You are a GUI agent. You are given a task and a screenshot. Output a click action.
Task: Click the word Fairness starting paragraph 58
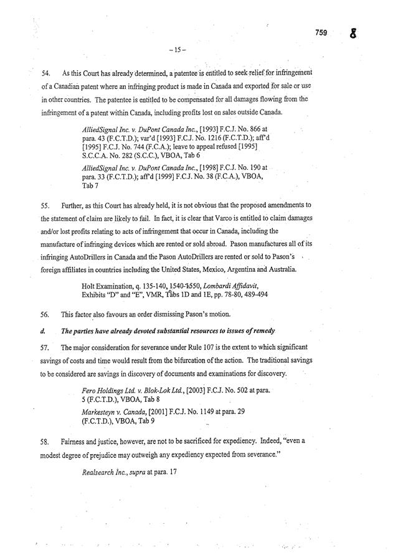pyautogui.click(x=75, y=442)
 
